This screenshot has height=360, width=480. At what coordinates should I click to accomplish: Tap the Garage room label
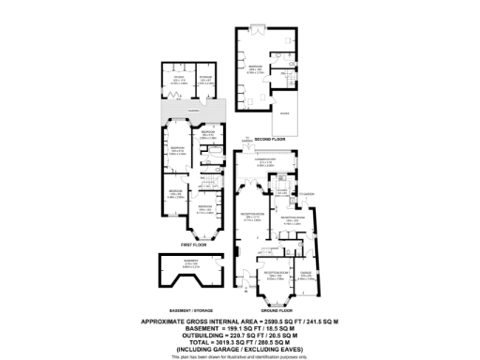pyautogui.click(x=306, y=276)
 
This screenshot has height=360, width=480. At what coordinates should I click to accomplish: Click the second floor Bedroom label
pyautogui.click(x=254, y=67)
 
